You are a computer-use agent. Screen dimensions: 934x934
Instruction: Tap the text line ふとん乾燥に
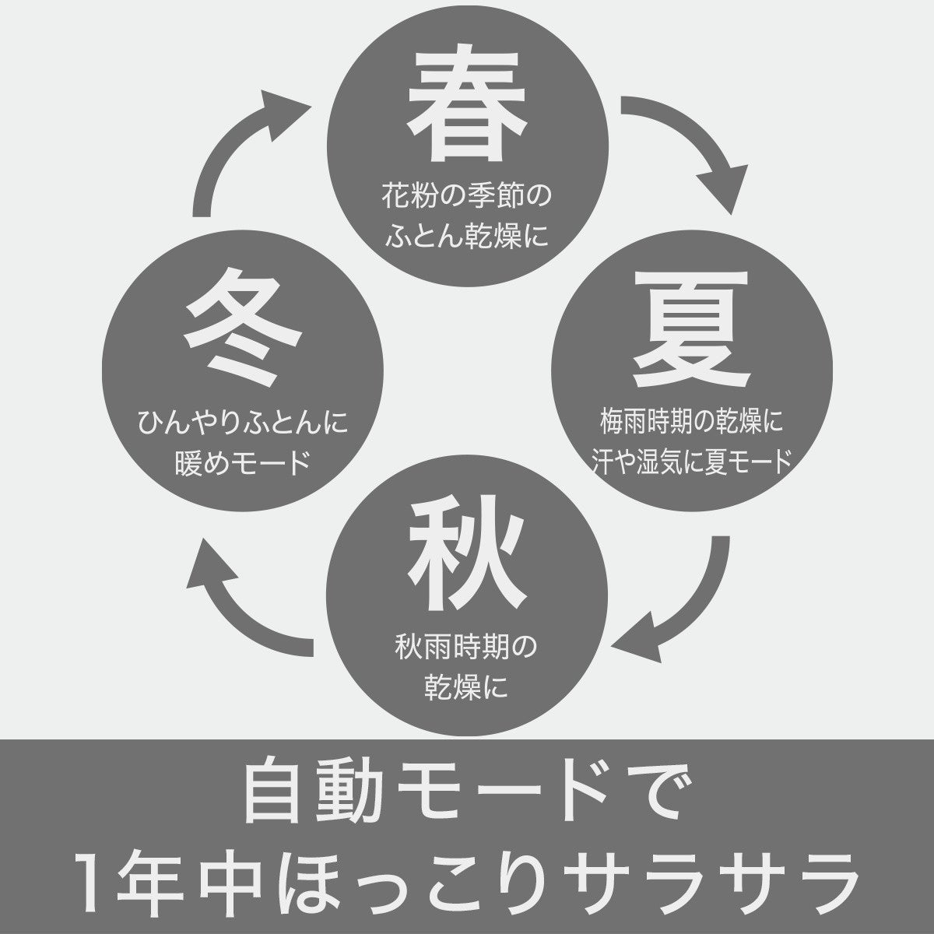[465, 234]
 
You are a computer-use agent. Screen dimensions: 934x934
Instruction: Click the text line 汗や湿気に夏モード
[690, 462]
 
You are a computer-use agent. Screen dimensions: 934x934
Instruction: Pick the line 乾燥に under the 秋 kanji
[465, 686]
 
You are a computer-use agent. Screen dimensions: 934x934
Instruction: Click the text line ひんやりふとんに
[243, 424]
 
